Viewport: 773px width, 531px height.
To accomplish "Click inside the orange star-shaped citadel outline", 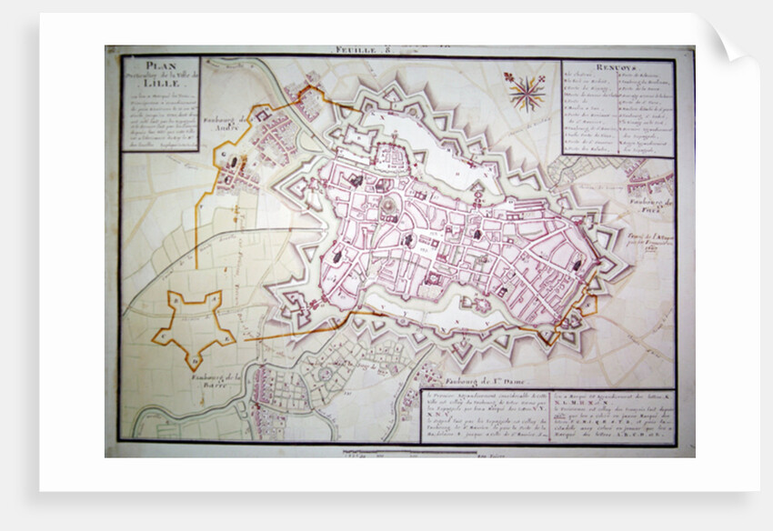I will (193, 320).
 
